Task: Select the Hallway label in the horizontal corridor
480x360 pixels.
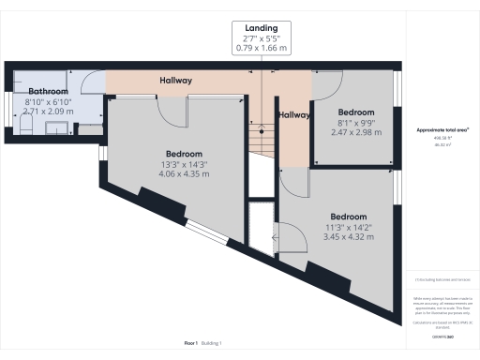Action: click(175, 82)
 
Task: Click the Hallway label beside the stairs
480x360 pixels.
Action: click(294, 114)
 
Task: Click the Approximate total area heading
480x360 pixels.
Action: click(442, 128)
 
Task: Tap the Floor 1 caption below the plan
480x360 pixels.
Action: click(192, 344)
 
